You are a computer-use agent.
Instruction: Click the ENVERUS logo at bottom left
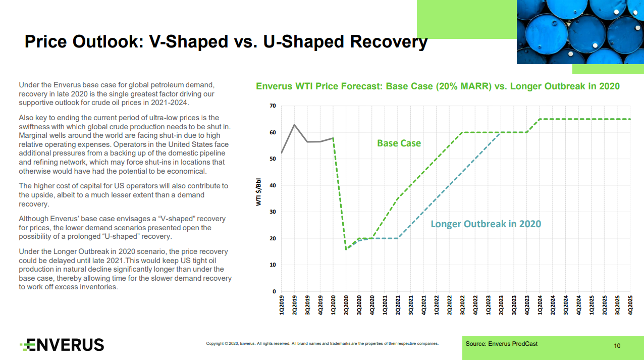[x=62, y=345]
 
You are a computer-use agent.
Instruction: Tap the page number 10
[x=617, y=346]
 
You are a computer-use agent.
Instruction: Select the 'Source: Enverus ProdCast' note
[x=501, y=344]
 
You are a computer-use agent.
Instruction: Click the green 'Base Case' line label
[x=399, y=143]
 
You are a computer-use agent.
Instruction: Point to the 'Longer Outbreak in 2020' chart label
[x=486, y=224]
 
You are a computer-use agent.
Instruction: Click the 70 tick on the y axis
[x=273, y=106]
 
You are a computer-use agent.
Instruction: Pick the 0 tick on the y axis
[x=274, y=291]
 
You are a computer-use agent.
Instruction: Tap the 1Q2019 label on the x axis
[x=282, y=306]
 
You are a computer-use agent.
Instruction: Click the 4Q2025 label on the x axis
[x=630, y=306]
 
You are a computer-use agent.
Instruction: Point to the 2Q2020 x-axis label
[x=346, y=306]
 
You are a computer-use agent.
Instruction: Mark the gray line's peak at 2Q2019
[x=294, y=125]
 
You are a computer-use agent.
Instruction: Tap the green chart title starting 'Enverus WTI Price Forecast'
[x=438, y=86]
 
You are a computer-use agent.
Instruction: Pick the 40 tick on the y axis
[x=273, y=185]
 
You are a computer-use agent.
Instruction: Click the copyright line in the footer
[x=322, y=344]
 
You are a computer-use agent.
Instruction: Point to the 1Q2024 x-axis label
[x=540, y=306]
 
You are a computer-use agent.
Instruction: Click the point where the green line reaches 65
[x=540, y=119]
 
